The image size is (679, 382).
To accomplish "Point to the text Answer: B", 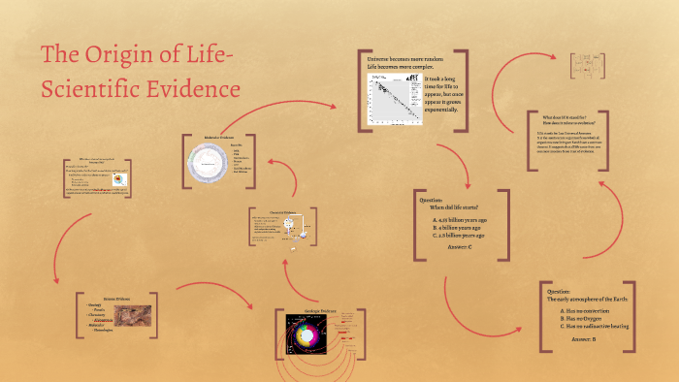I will (583, 339).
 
